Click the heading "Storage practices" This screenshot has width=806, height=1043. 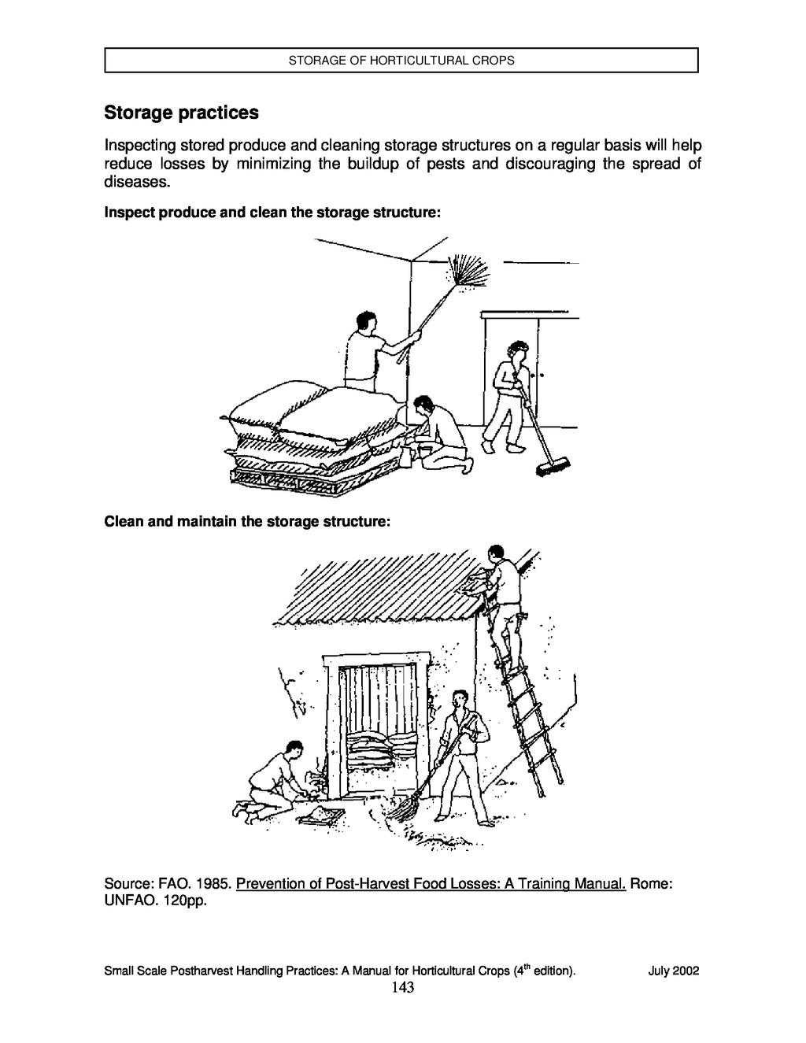[181, 113]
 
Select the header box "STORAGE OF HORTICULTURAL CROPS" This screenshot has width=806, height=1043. [401, 60]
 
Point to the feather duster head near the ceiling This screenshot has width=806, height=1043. [469, 273]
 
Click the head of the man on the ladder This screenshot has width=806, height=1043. [495, 553]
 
